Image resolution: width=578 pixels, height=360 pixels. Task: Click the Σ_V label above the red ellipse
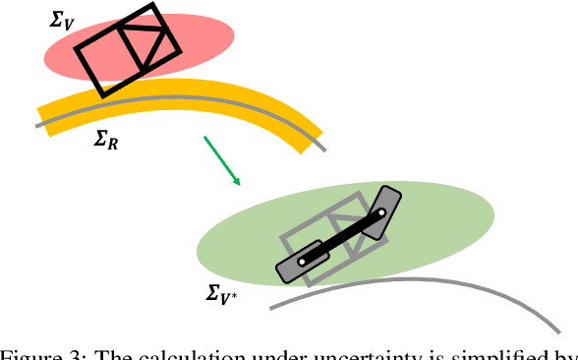point(61,19)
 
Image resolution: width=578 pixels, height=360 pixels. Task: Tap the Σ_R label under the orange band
point(107,141)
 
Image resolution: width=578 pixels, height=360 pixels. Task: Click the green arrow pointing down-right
point(221,159)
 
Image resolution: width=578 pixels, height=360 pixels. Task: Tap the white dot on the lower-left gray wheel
point(304,261)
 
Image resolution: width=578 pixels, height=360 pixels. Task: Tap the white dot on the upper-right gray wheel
point(380,211)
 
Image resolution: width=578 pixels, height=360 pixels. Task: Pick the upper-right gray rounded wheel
point(387,207)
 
